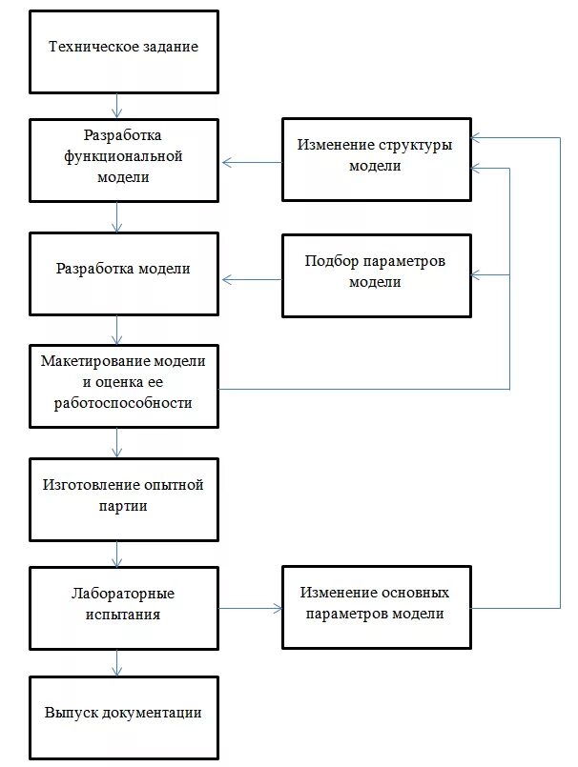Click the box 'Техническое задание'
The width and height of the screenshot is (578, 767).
(x=124, y=48)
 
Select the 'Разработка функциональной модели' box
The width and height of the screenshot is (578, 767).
(x=124, y=159)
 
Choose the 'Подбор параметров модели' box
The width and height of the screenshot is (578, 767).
(x=376, y=274)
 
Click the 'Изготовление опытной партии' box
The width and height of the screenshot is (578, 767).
(x=124, y=499)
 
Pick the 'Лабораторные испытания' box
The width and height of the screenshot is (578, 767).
(x=124, y=607)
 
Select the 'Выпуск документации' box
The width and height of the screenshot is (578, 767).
(x=124, y=717)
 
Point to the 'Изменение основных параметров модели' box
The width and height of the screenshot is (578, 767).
(x=376, y=607)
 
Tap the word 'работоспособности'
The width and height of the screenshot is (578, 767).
(x=124, y=402)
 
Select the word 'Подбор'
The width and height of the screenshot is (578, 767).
(x=328, y=262)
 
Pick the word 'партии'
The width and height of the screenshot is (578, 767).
(x=123, y=507)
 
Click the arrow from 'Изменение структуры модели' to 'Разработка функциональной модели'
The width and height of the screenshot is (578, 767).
(x=252, y=163)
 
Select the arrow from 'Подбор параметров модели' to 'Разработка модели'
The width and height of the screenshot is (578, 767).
(x=252, y=279)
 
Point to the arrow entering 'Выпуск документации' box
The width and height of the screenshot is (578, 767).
(x=116, y=662)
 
